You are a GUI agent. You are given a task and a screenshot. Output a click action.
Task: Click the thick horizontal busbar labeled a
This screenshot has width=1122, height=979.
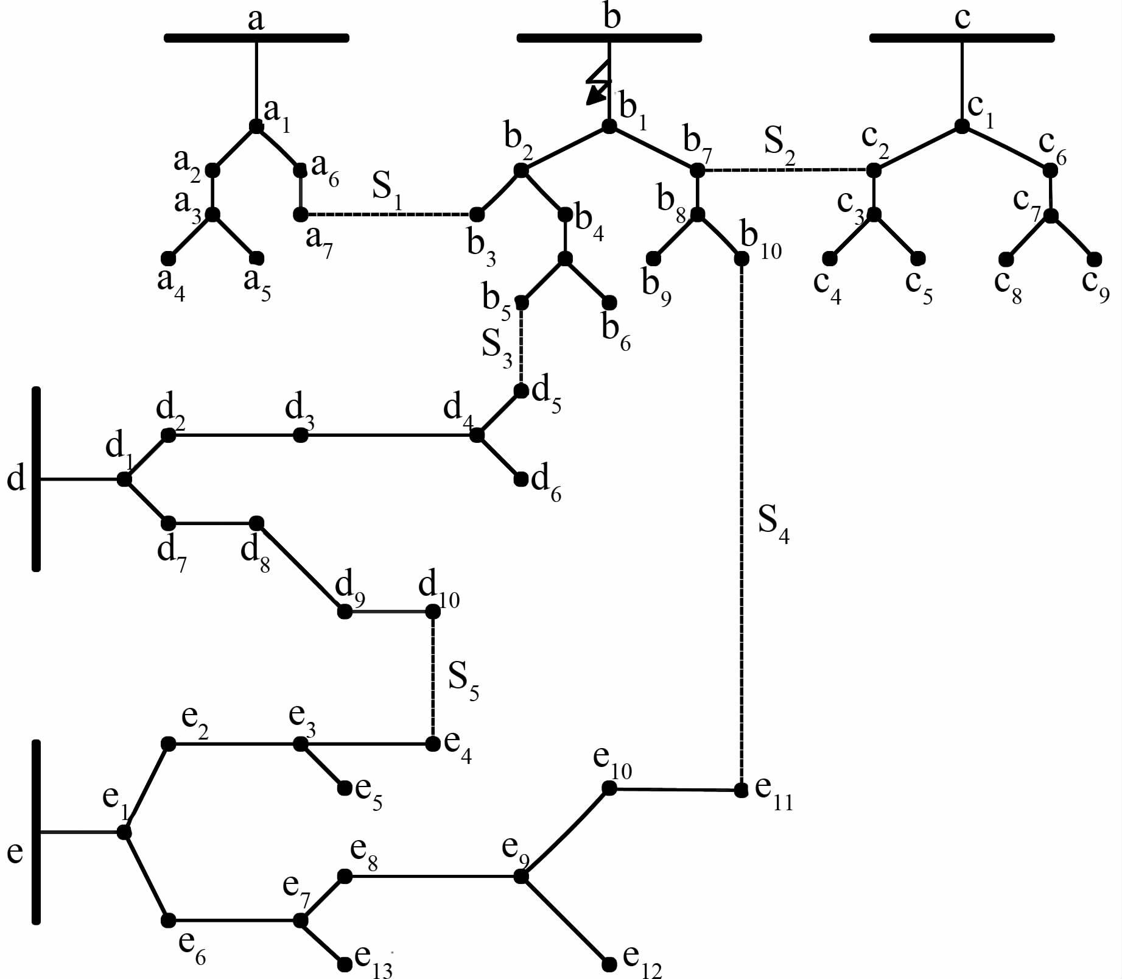pos(256,38)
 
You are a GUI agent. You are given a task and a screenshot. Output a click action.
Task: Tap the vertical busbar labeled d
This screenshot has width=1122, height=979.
pos(36,479)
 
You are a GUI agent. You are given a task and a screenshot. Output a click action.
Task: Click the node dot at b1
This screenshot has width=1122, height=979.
pos(609,126)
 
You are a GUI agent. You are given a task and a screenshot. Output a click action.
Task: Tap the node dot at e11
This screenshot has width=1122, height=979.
pos(741,790)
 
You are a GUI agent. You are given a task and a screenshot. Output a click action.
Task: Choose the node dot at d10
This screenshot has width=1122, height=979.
pos(433,611)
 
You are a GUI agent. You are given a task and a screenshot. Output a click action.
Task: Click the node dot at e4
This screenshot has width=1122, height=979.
pos(433,744)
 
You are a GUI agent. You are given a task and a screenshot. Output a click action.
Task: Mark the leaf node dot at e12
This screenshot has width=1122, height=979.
pos(609,964)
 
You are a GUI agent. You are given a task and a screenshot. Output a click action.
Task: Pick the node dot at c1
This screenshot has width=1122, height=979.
pos(961,126)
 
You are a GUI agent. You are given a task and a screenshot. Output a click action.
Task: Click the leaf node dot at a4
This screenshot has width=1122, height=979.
pos(169,258)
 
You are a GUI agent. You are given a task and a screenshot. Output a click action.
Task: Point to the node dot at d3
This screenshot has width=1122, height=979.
pos(300,435)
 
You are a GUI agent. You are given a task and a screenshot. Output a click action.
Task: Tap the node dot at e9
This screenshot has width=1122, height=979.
pos(521,877)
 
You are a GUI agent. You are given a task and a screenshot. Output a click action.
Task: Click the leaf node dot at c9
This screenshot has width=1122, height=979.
pos(1094,259)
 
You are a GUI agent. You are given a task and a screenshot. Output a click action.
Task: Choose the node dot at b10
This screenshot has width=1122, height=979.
pos(741,258)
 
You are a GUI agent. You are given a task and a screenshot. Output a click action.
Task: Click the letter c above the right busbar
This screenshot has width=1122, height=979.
pos(962,18)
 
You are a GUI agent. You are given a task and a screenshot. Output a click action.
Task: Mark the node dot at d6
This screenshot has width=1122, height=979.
pos(521,479)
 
